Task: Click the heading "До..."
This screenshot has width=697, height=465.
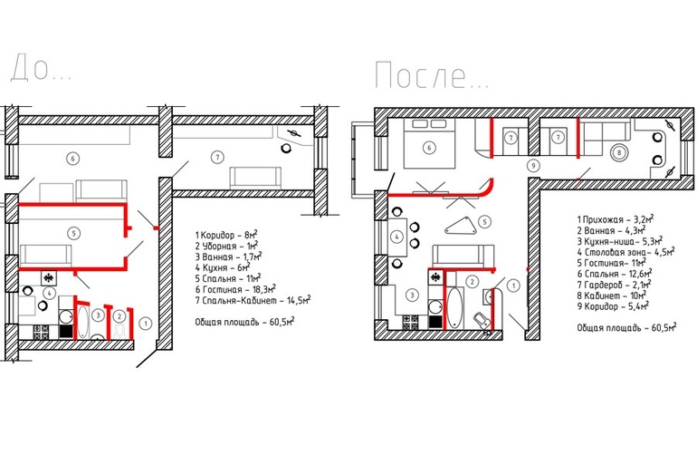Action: click(x=41, y=68)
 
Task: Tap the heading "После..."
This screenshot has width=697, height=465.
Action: click(x=432, y=75)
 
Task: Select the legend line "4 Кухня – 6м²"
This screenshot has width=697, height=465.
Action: click(x=223, y=267)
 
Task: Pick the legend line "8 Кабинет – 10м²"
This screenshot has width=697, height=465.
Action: click(x=611, y=295)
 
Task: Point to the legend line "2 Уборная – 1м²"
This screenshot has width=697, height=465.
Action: click(x=226, y=246)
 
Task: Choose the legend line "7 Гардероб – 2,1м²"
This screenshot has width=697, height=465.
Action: click(x=614, y=285)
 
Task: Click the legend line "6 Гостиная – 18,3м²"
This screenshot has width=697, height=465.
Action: click(x=235, y=289)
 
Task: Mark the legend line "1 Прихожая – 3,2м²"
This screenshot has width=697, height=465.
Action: click(x=616, y=219)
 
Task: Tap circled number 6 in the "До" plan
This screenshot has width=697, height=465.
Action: click(x=72, y=158)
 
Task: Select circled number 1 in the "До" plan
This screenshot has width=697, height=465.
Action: click(x=146, y=324)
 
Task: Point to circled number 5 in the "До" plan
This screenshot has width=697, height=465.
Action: click(x=73, y=233)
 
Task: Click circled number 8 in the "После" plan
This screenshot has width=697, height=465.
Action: click(x=619, y=152)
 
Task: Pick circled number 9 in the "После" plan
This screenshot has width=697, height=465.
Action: click(x=533, y=166)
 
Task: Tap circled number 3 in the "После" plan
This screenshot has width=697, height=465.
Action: click(x=412, y=295)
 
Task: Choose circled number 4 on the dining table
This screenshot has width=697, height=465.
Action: click(x=397, y=237)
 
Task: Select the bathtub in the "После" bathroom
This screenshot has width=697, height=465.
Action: click(x=454, y=309)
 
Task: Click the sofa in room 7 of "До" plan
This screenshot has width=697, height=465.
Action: click(x=255, y=178)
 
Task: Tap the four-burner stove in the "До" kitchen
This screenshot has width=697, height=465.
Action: click(x=41, y=332)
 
